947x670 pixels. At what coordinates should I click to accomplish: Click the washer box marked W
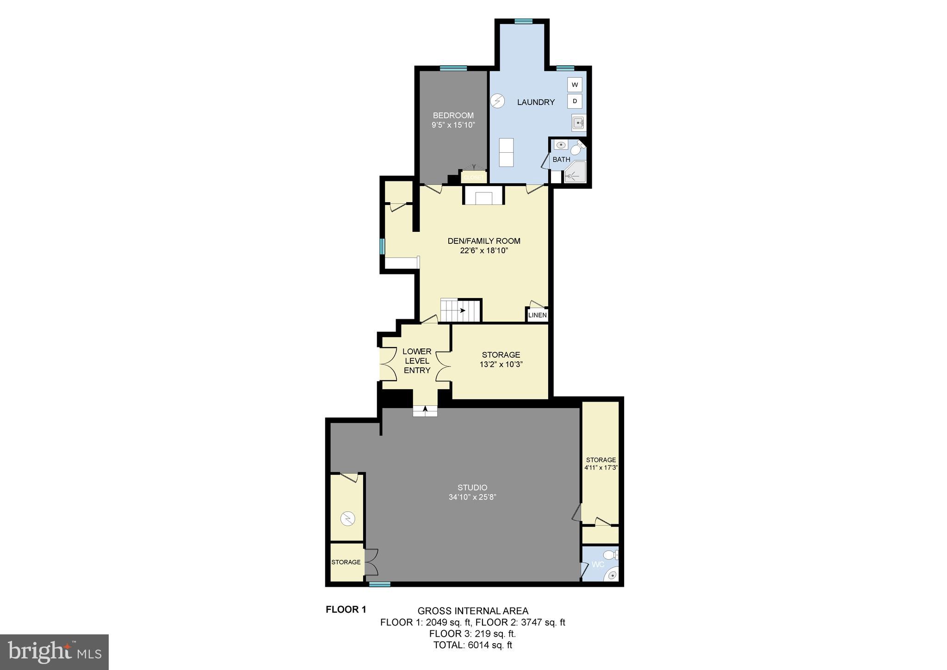tap(575, 85)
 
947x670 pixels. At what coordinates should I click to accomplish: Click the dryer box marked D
tap(575, 101)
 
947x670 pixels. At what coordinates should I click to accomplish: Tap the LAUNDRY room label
tap(536, 102)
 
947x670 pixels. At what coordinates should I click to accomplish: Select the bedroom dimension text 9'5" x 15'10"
tap(453, 125)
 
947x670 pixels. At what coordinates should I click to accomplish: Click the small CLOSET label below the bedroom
tap(474, 178)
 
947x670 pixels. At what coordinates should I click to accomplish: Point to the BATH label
tap(561, 160)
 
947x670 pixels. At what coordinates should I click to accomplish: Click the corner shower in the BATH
tap(575, 173)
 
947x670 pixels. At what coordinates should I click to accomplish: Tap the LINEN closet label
tap(537, 315)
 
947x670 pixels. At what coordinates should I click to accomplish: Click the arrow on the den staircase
tap(462, 310)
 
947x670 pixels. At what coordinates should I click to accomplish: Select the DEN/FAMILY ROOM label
tap(484, 241)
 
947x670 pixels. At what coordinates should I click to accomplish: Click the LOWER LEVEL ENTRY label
tap(417, 361)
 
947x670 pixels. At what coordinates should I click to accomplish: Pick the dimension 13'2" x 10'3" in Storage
tap(501, 364)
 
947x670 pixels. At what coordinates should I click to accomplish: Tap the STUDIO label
tap(472, 488)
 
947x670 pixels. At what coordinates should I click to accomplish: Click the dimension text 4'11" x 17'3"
tap(601, 467)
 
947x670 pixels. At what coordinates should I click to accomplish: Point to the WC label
tap(598, 565)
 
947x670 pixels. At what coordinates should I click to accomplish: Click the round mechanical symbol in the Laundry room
tap(497, 100)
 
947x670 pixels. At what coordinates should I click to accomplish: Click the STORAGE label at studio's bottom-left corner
tap(346, 562)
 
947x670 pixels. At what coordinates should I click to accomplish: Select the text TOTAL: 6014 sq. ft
tap(472, 645)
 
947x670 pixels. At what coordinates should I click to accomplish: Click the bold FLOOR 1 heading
tap(346, 609)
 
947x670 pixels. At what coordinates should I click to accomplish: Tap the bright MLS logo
tap(54, 652)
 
